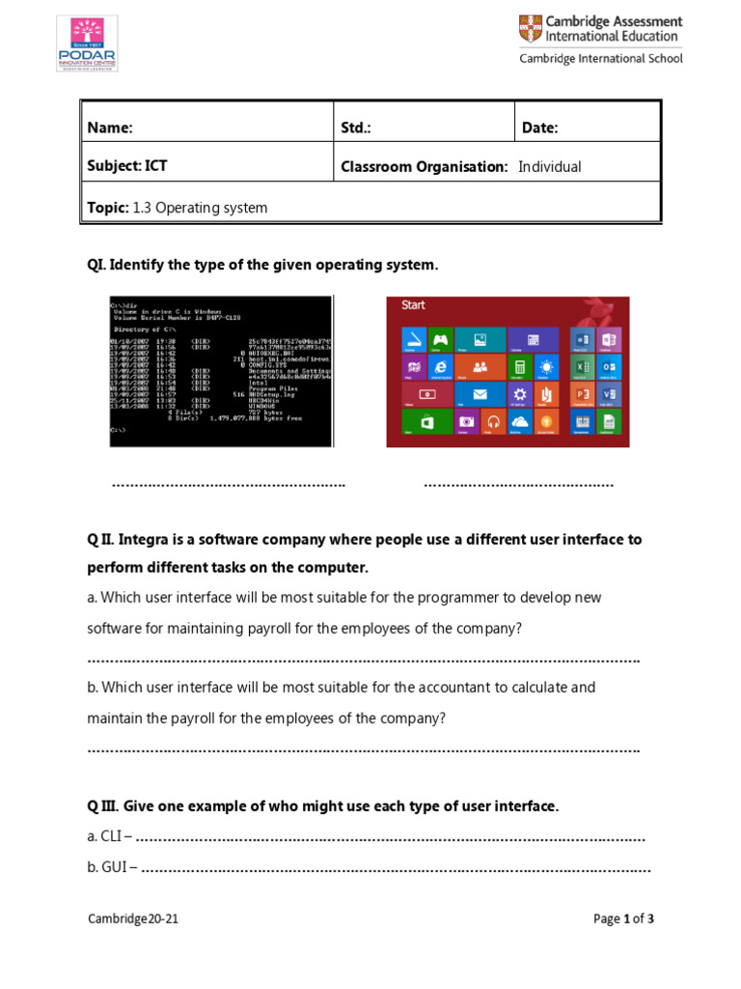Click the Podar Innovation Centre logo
[x=87, y=43]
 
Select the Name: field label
[x=110, y=127]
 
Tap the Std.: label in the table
[x=356, y=127]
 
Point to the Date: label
[x=540, y=127]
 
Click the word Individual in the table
[x=550, y=166]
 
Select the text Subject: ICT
[x=127, y=166]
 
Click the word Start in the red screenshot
[x=413, y=305]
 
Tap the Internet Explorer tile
[x=441, y=367]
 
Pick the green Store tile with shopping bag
[x=414, y=421]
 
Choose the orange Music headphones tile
[x=493, y=421]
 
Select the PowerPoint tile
[x=583, y=394]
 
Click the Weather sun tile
[x=546, y=367]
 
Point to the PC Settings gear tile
[x=520, y=394]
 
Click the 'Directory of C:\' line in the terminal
[x=144, y=329]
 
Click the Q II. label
[x=101, y=539]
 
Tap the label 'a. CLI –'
[x=109, y=836]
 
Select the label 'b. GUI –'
[x=111, y=867]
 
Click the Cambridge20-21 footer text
[x=133, y=919]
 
